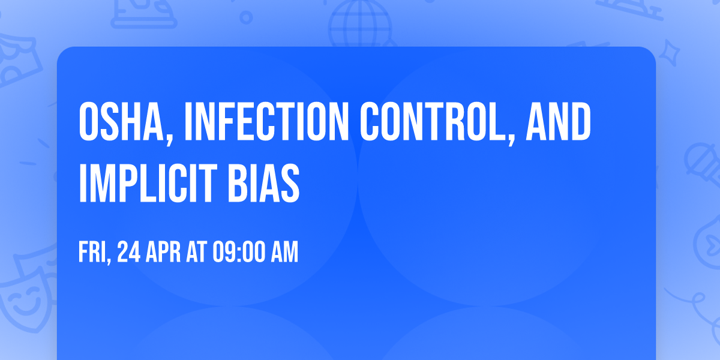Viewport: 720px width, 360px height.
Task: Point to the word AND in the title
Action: tap(559, 122)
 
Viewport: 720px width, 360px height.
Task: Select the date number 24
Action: tap(129, 253)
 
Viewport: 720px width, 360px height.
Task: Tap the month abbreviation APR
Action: tap(164, 253)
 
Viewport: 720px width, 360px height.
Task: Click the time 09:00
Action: tap(236, 253)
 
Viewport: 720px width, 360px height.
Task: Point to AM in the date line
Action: tap(284, 253)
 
